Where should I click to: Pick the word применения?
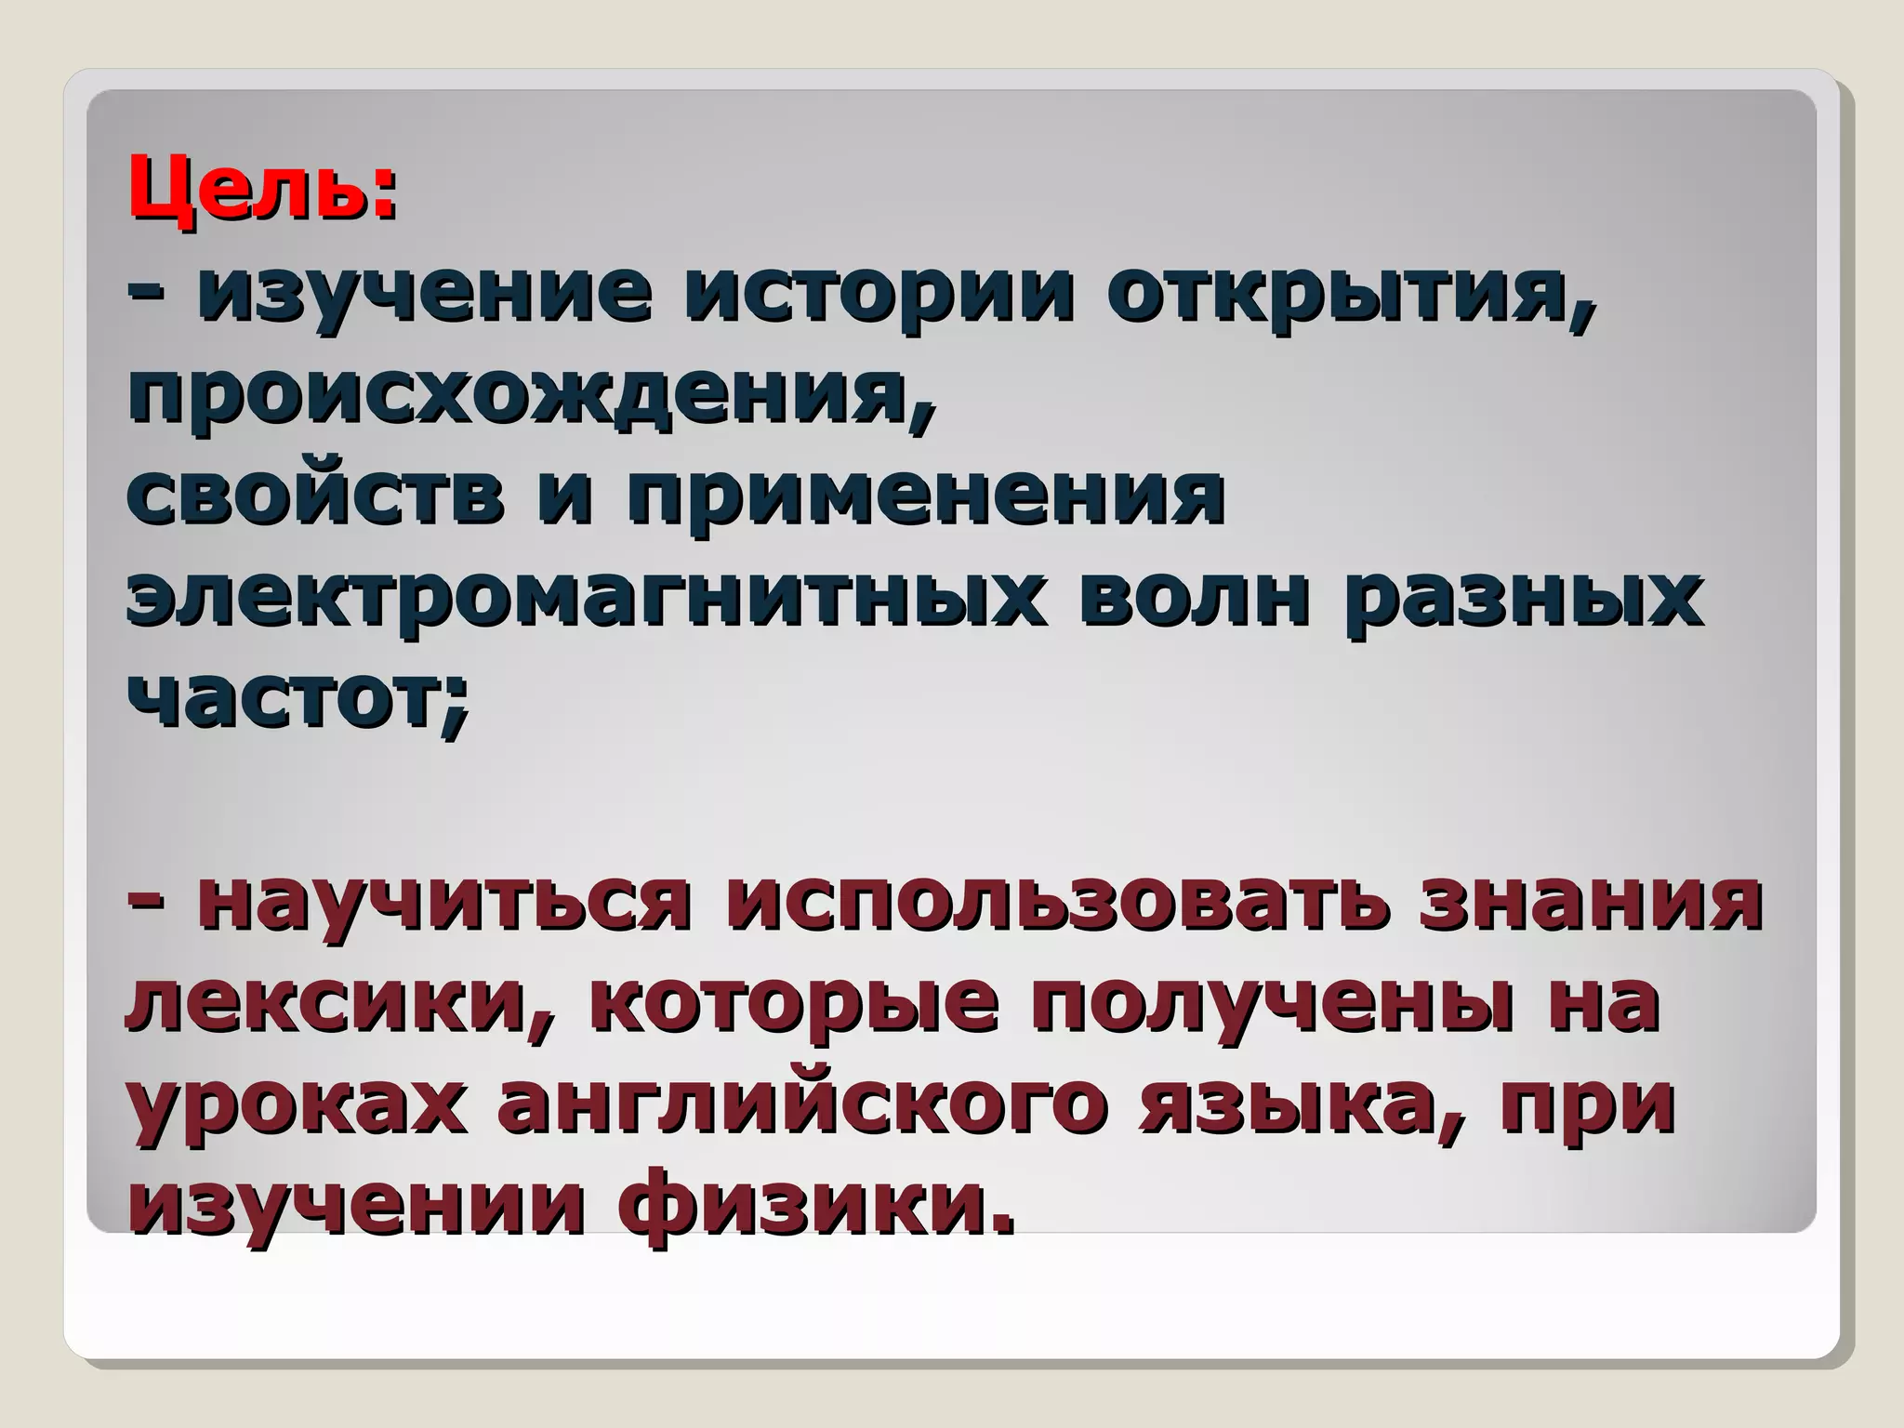pos(925,498)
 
